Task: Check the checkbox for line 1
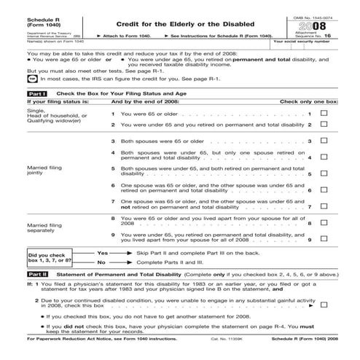coord(324,114)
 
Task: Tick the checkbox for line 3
coord(324,141)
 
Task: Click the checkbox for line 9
coord(324,239)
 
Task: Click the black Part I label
coord(16,94)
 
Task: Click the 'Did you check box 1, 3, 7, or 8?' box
coord(28,257)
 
